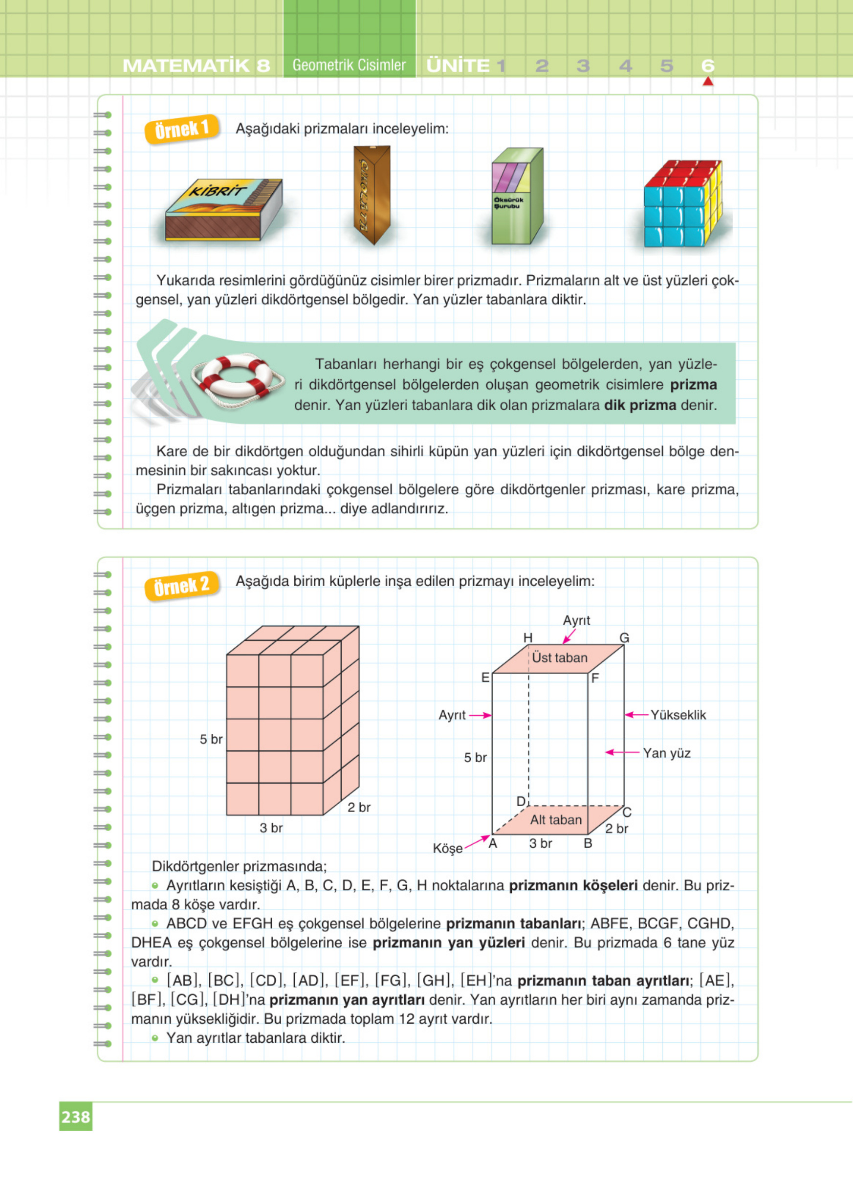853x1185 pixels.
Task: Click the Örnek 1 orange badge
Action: coord(181,129)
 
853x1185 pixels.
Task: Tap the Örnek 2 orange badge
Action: coord(181,586)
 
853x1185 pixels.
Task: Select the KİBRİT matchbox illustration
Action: coord(223,211)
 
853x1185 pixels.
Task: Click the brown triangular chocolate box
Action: coord(372,195)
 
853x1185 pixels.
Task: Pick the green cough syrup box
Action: coord(517,197)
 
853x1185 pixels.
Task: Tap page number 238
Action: coord(76,1117)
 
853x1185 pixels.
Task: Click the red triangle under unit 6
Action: coord(708,82)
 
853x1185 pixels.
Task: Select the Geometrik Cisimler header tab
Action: coord(349,66)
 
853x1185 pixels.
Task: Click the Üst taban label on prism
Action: coord(559,658)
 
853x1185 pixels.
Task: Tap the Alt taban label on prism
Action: coord(556,819)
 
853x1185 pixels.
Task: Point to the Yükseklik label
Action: coord(678,715)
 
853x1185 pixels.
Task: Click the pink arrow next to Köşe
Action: coord(477,842)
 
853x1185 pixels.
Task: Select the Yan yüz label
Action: coord(667,753)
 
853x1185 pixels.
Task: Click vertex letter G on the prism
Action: coord(624,637)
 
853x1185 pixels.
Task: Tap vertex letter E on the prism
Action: coord(485,678)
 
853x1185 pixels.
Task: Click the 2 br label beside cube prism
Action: coord(359,807)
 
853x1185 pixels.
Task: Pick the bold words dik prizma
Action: coord(640,405)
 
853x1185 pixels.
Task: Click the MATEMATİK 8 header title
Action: coord(197,66)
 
